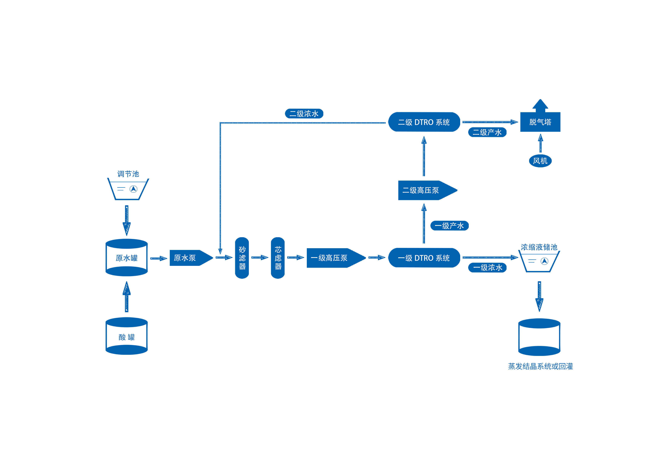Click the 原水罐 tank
point(126,257)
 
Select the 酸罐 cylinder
point(126,336)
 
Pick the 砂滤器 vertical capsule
point(242,258)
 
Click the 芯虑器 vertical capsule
point(278,258)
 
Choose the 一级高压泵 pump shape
point(336,258)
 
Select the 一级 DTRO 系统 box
point(424,258)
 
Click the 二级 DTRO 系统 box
point(424,122)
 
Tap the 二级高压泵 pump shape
point(428,190)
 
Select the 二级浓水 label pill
point(304,113)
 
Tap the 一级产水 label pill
point(449,225)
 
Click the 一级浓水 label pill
point(487,267)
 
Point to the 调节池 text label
point(128,174)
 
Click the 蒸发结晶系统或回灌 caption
point(540,366)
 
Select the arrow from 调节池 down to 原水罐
point(126,220)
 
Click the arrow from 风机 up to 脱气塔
point(540,143)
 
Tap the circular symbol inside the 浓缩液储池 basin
point(544,261)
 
